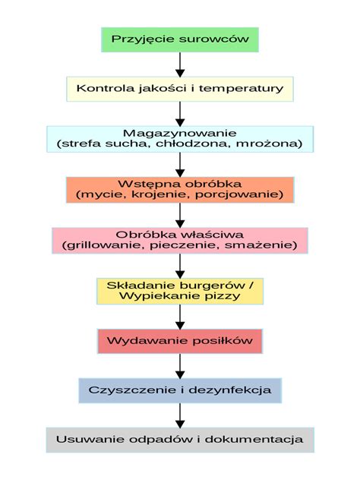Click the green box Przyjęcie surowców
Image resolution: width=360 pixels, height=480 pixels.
(x=179, y=39)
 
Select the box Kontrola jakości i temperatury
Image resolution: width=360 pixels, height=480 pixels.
(x=179, y=88)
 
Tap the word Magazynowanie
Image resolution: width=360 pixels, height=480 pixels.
(x=179, y=132)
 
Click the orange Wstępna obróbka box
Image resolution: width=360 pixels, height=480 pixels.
(x=179, y=189)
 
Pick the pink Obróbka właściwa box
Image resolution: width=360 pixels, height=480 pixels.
(x=179, y=240)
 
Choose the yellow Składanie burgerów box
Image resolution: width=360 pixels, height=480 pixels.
(x=179, y=290)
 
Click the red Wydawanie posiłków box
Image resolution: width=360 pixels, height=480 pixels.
(x=179, y=340)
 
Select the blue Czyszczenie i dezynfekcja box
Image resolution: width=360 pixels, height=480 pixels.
(x=179, y=390)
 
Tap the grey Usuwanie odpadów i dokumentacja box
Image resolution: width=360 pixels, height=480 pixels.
(x=179, y=440)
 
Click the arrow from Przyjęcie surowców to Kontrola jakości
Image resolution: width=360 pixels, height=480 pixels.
(x=180, y=64)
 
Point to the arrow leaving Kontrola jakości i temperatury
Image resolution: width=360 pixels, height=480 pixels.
(x=180, y=113)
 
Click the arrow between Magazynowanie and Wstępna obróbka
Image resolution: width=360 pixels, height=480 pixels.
(x=180, y=164)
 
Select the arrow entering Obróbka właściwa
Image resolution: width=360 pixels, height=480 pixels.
(x=180, y=215)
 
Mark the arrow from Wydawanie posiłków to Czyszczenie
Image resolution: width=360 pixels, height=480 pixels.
(x=180, y=365)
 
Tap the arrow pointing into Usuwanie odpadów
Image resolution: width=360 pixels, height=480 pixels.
(x=180, y=415)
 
